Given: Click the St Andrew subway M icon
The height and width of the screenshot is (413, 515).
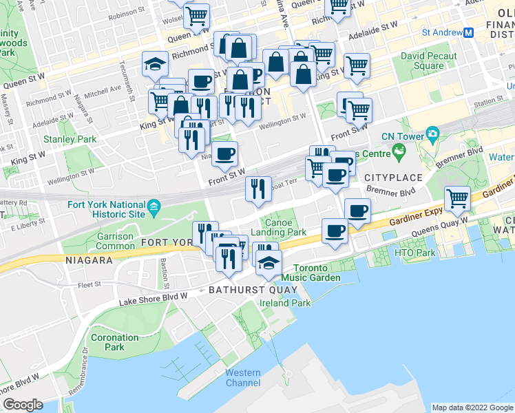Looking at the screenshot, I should pos(468,32).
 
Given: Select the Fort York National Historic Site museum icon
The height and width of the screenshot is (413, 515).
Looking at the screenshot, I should pos(154,205).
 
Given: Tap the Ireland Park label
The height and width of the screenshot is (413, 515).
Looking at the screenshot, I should pos(284,303).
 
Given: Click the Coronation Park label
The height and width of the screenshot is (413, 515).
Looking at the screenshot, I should pos(114,342).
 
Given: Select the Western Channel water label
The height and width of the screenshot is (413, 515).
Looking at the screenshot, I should pos(243,378).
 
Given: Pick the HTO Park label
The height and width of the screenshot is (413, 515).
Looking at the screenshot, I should pos(415,253).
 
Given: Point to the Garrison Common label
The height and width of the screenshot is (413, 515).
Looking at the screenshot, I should pos(115,241).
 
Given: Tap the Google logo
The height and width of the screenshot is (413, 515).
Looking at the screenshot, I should pos(23,405).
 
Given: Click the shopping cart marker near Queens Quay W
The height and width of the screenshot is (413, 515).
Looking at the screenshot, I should pos(457,199).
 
